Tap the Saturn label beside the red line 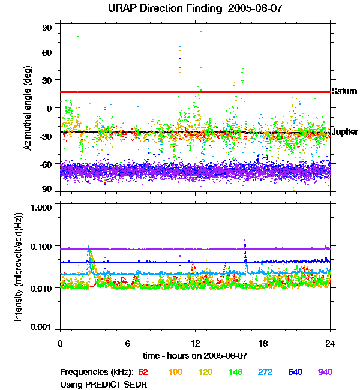344,92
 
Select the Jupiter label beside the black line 344,132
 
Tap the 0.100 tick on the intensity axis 43,247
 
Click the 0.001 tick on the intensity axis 43,328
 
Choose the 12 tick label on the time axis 195,344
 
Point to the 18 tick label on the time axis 263,344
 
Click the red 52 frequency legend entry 143,372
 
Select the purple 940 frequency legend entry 325,372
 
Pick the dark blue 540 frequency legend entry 295,372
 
